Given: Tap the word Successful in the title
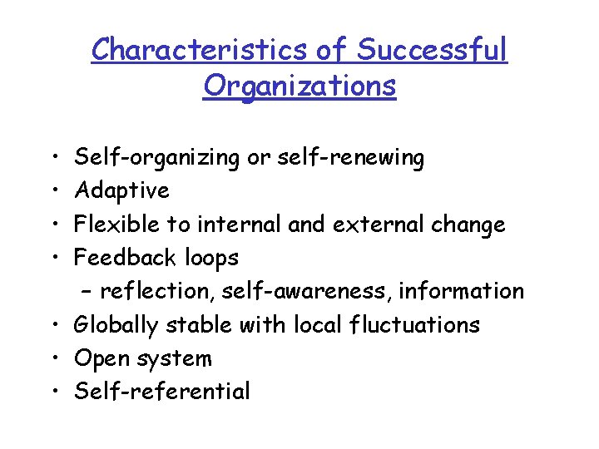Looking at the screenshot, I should coord(432,50).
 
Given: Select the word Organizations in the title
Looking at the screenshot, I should coord(299,85).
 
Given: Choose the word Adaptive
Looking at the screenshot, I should coord(121,190).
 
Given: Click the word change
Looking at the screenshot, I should coord(473,224).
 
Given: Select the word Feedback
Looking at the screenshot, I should coord(120,258).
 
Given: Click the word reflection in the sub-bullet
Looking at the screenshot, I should coord(151,291).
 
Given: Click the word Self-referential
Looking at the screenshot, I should coord(162,392).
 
